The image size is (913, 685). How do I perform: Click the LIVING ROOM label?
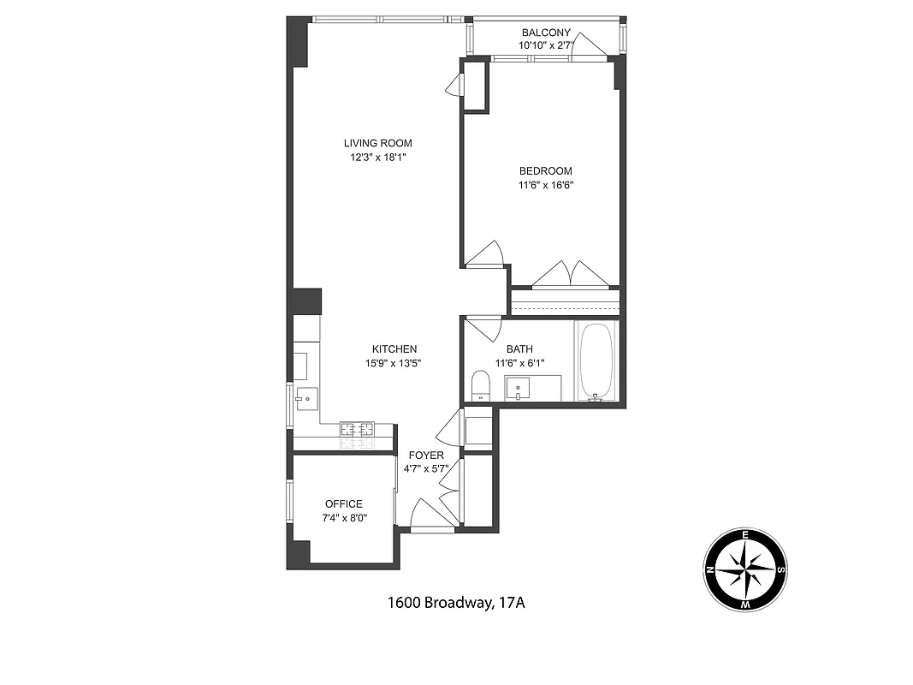[377, 143]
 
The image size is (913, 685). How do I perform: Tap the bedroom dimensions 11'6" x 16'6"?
[545, 184]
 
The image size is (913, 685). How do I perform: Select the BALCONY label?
[545, 33]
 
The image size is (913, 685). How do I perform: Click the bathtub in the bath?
[596, 361]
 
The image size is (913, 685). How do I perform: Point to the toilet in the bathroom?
[480, 385]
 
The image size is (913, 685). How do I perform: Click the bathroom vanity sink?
[519, 388]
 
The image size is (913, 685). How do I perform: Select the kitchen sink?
[306, 398]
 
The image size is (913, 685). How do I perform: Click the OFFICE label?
[343, 504]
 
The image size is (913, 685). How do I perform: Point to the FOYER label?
[426, 455]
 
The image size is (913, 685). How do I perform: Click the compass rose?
[745, 570]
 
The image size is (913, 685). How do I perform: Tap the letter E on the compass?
[745, 535]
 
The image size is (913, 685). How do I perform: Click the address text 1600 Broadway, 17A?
[455, 603]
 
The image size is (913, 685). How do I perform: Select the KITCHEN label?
[394, 348]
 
